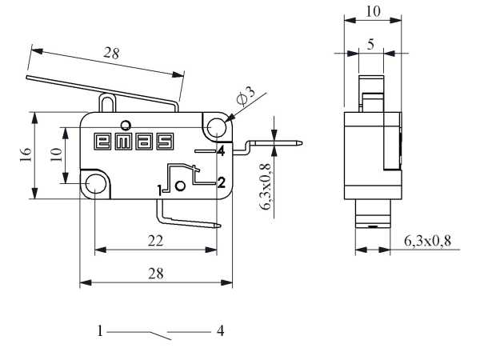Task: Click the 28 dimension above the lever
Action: [111, 54]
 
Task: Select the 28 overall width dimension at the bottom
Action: [155, 273]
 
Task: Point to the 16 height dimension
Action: [24, 154]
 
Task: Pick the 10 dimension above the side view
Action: [371, 10]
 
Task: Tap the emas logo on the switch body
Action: [134, 141]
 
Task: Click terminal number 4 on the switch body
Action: [219, 150]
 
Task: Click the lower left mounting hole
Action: [96, 183]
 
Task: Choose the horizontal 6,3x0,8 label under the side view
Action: [432, 240]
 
